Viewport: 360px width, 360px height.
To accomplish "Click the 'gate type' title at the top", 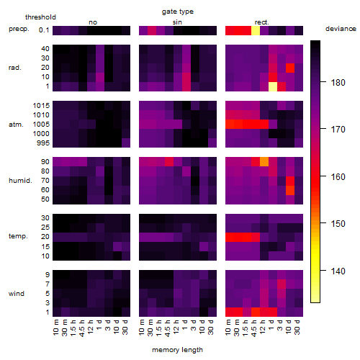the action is coord(178,12).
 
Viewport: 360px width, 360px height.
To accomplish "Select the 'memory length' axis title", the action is coord(177,350).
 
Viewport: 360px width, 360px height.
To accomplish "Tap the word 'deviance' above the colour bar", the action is coord(341,29).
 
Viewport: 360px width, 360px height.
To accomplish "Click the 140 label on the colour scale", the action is coord(338,271).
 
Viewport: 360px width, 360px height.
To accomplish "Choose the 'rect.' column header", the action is coord(261,22).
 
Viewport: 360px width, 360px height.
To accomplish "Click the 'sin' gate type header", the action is coord(177,22).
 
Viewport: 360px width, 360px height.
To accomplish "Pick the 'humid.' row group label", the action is coord(20,181).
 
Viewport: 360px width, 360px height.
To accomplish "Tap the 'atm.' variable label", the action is coord(16,125).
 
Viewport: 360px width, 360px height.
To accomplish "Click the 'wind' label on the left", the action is coord(17,294).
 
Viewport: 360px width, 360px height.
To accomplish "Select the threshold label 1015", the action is coord(41,106).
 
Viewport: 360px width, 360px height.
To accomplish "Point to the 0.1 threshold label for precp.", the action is coord(44,30).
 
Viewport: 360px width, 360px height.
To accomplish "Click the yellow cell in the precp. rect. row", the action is coord(256,31).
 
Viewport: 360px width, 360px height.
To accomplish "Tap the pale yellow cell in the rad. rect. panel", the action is coord(273,86).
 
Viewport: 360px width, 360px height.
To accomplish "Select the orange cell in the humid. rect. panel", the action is coord(264,161).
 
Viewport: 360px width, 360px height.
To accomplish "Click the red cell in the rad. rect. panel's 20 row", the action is coord(290,68).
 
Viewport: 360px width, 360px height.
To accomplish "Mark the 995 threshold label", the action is coord(43,143).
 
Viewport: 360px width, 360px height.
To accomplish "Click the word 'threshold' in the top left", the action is coord(40,17).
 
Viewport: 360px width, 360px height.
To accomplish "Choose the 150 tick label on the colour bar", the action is coord(338,224).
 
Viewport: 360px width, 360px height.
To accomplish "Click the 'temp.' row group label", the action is coord(18,236).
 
